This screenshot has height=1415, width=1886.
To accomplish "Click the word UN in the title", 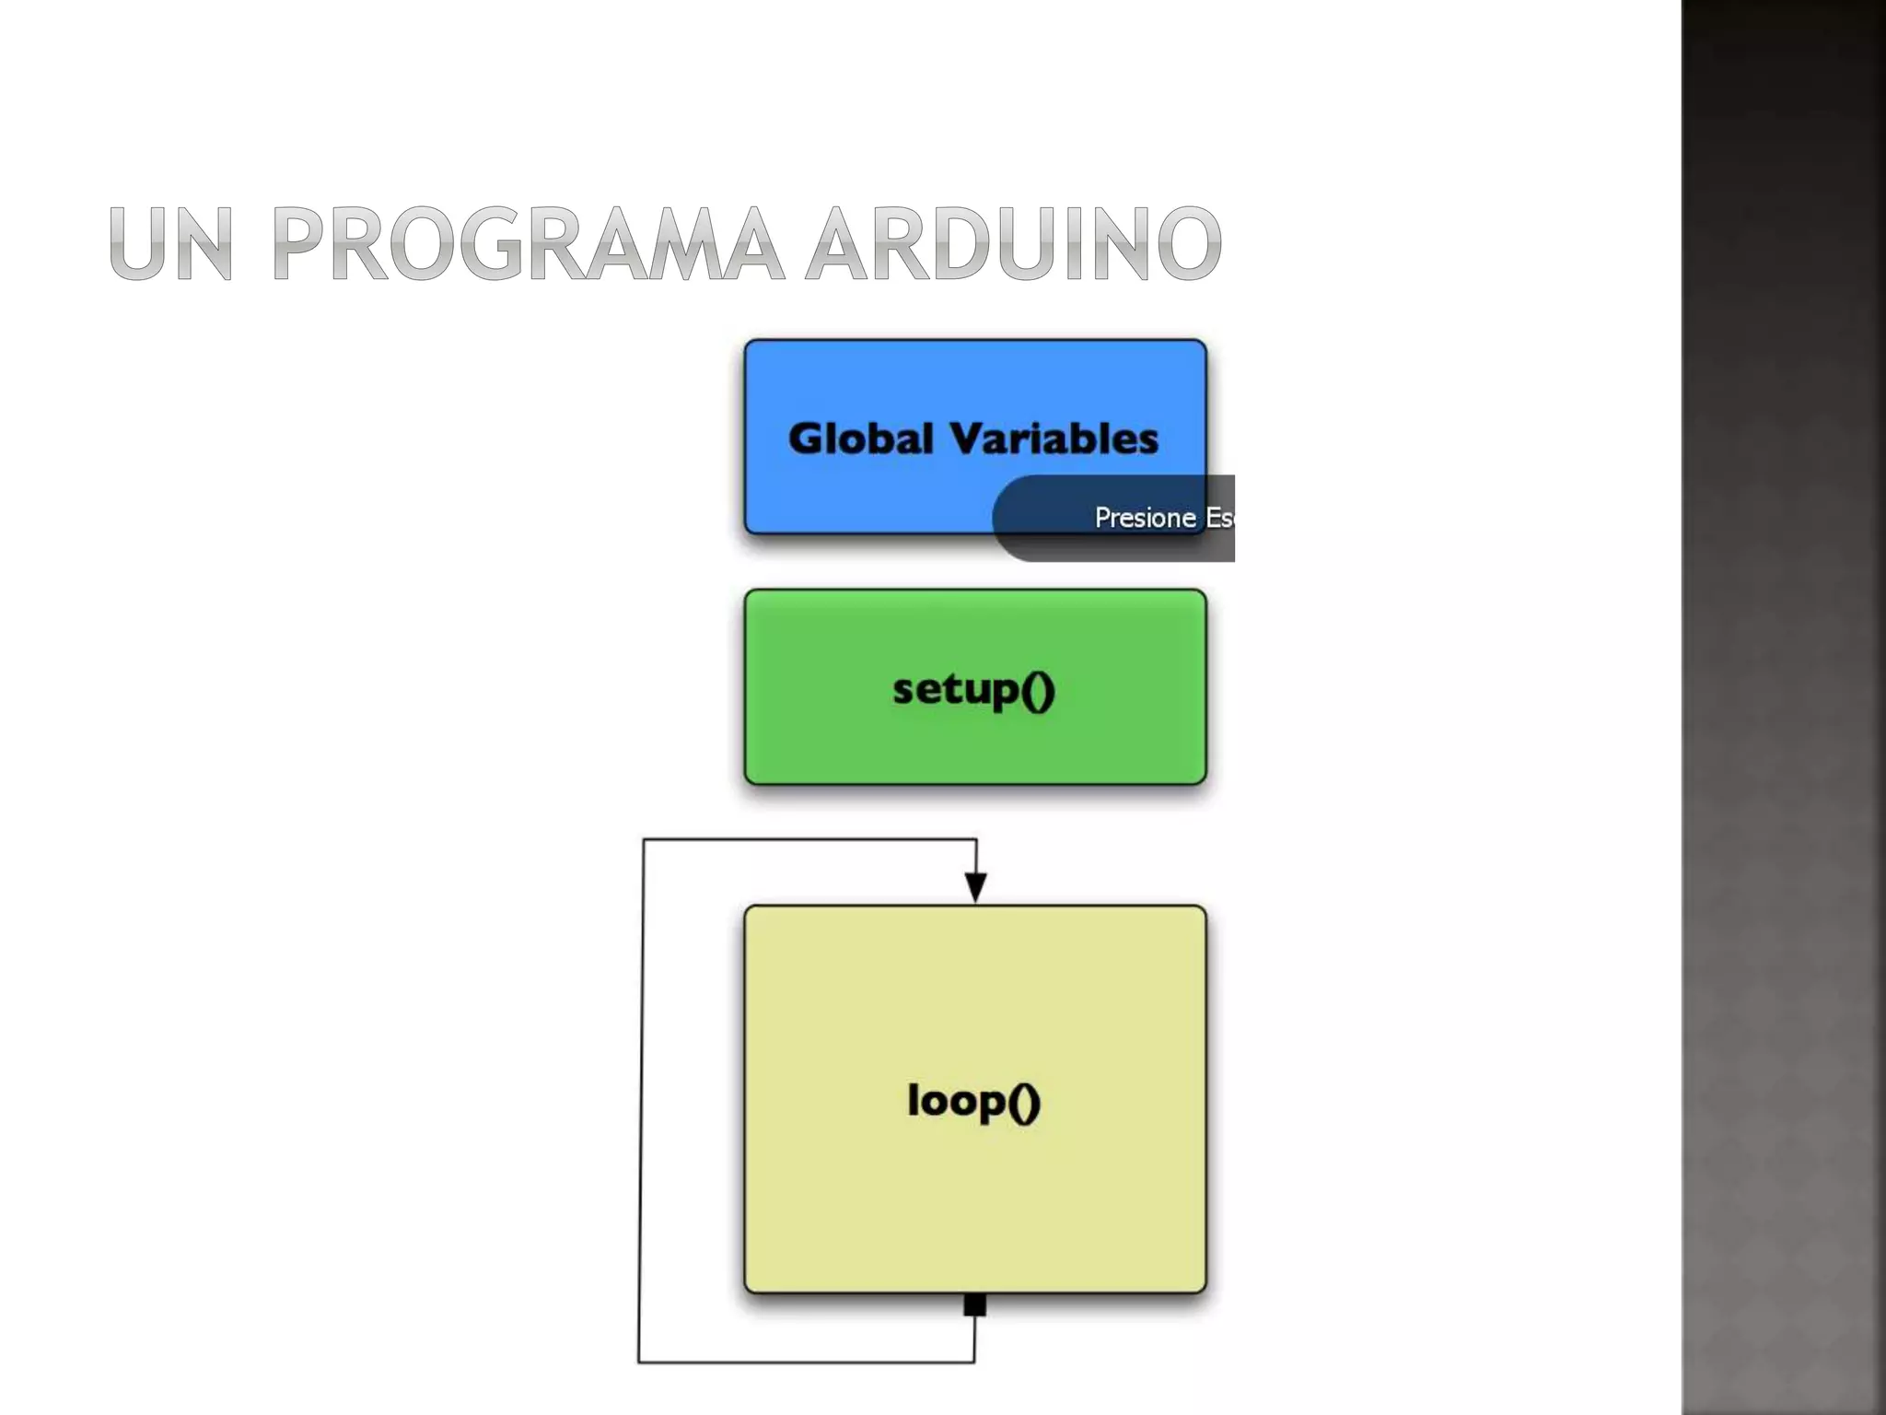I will tap(171, 243).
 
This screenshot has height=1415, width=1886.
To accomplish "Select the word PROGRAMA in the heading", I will tap(529, 243).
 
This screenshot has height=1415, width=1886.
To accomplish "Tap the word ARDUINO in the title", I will tap(1014, 243).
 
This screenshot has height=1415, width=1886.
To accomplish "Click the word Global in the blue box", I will tap(861, 439).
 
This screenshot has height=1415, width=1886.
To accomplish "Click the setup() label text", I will tap(973, 690).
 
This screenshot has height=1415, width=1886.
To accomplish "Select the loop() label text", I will tap(973, 1100).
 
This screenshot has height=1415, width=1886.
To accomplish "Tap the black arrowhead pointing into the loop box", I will tap(975, 886).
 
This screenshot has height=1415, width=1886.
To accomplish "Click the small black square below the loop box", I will tap(974, 1304).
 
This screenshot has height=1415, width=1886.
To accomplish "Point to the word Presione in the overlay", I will tap(1145, 518).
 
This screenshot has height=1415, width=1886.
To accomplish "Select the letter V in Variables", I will tap(968, 439).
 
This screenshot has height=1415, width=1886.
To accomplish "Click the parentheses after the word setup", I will tap(1038, 690).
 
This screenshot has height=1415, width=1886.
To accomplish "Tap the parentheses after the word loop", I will tap(1024, 1101).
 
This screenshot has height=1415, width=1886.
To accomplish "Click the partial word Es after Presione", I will tap(1219, 518).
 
